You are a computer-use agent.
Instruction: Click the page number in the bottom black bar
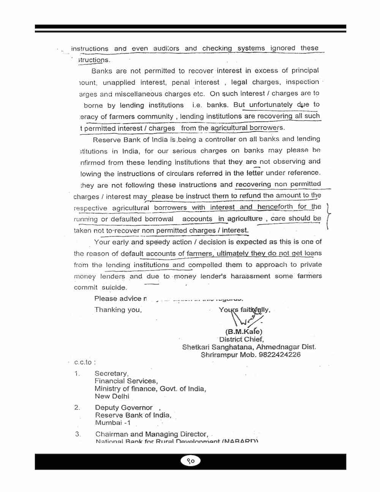pyautogui.click(x=190, y=461)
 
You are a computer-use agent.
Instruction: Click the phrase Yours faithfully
pyautogui.click(x=244, y=310)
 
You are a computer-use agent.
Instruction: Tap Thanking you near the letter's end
pyautogui.click(x=118, y=310)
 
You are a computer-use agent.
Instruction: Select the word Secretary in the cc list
pyautogui.click(x=111, y=374)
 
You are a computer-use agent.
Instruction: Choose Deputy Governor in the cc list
pyautogui.click(x=124, y=408)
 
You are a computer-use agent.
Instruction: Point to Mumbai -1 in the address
pyautogui.click(x=113, y=423)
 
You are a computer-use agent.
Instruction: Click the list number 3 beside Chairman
pyautogui.click(x=78, y=434)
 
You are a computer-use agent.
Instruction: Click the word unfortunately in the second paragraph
pyautogui.click(x=271, y=105)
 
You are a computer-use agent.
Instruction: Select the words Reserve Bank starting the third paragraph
pyautogui.click(x=112, y=139)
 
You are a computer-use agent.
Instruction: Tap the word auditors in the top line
pyautogui.click(x=166, y=49)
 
